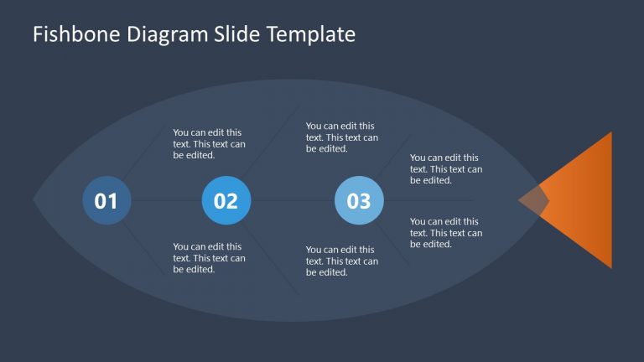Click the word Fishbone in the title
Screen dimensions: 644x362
click(x=76, y=34)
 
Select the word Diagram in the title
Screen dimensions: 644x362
click(x=168, y=34)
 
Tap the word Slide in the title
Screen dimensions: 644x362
click(x=237, y=34)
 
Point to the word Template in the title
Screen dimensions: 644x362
click(x=311, y=35)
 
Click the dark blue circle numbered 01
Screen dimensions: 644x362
click(x=106, y=200)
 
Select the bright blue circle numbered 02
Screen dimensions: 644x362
click(x=226, y=200)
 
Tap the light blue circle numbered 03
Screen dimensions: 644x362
click(x=360, y=200)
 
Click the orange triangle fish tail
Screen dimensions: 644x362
click(x=584, y=200)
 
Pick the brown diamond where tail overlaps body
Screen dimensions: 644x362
click(x=533, y=200)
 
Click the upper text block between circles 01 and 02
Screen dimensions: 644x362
click(x=209, y=143)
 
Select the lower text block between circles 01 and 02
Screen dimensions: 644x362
click(x=209, y=258)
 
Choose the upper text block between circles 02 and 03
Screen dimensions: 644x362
click(x=342, y=137)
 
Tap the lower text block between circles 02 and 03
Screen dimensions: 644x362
click(x=342, y=261)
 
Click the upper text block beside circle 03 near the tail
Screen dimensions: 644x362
click(x=446, y=168)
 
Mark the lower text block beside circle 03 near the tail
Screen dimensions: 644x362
click(x=446, y=233)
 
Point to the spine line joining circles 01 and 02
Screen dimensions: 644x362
click(x=167, y=200)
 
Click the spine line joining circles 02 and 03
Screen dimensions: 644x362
click(x=293, y=200)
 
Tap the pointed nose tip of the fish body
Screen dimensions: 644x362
click(x=34, y=200)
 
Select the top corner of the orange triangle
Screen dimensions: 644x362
click(x=611, y=132)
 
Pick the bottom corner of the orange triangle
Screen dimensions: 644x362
click(x=611, y=267)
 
